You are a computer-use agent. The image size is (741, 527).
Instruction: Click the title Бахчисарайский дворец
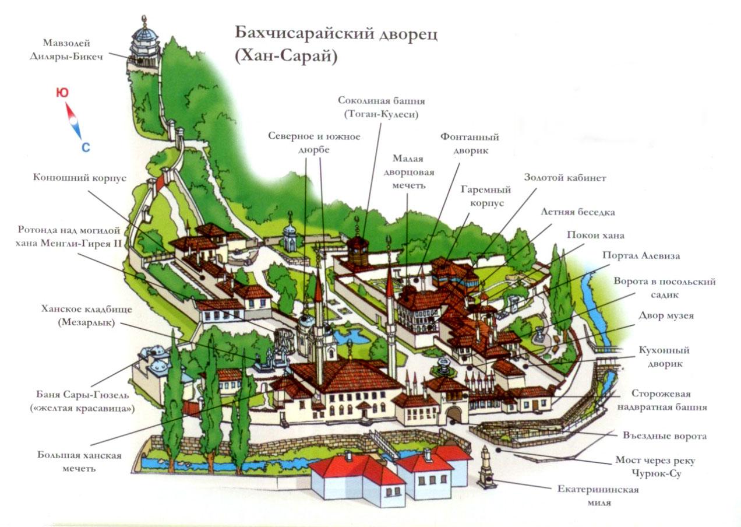(336, 33)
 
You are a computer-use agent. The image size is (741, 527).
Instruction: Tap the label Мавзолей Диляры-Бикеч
(66, 50)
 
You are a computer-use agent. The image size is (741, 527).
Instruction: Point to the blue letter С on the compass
(86, 147)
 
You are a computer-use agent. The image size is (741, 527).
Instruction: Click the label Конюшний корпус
(79, 178)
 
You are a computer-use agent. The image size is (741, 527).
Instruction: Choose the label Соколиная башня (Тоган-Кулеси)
(378, 107)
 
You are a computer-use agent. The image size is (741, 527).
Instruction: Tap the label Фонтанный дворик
(469, 143)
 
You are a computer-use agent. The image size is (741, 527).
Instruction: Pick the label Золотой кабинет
(564, 178)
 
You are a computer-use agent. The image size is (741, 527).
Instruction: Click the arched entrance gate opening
(454, 414)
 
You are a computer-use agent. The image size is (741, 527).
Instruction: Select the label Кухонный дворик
(664, 356)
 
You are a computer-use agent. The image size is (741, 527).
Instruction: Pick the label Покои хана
(595, 236)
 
